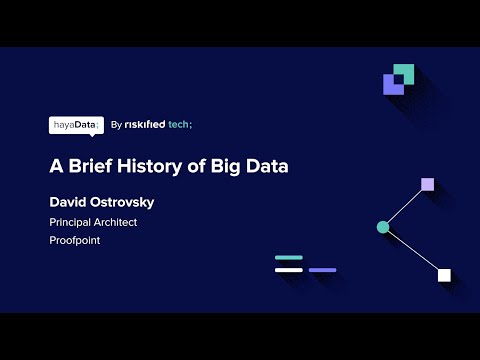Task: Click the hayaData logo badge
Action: point(76,125)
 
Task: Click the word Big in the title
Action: point(227,166)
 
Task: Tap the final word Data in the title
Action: point(268,166)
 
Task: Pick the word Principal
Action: point(71,222)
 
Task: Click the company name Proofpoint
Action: point(75,241)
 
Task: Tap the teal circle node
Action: point(383,228)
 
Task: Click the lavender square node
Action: point(427,184)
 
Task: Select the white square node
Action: point(444,275)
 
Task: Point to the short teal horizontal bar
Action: point(288,258)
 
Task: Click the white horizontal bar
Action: point(288,270)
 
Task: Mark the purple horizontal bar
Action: point(322,270)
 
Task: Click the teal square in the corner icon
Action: point(404,72)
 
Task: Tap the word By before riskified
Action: point(117,125)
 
